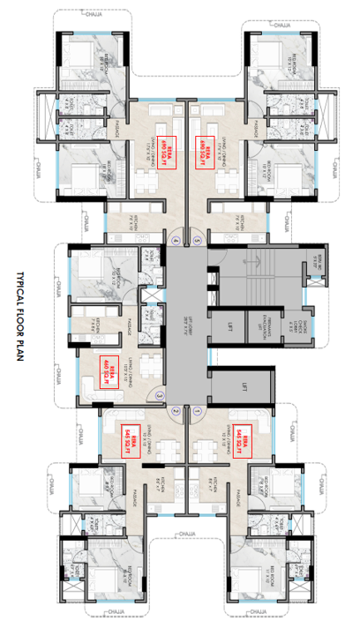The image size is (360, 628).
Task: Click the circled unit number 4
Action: pos(175,240)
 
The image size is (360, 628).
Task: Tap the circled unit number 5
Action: pos(198,240)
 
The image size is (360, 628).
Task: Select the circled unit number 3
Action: pos(159,397)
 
